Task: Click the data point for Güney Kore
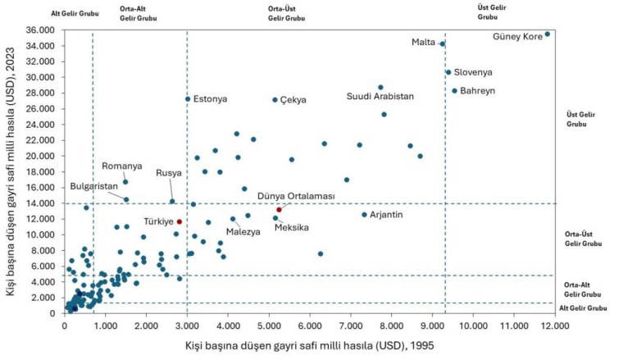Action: click(548, 34)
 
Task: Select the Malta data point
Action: click(442, 44)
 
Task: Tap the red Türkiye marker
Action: click(180, 221)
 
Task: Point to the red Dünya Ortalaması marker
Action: click(280, 210)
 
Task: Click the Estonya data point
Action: click(188, 99)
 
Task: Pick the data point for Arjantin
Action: click(365, 215)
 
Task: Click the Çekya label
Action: click(293, 100)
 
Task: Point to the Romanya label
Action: click(122, 166)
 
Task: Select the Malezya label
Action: click(243, 232)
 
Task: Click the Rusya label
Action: click(170, 174)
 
